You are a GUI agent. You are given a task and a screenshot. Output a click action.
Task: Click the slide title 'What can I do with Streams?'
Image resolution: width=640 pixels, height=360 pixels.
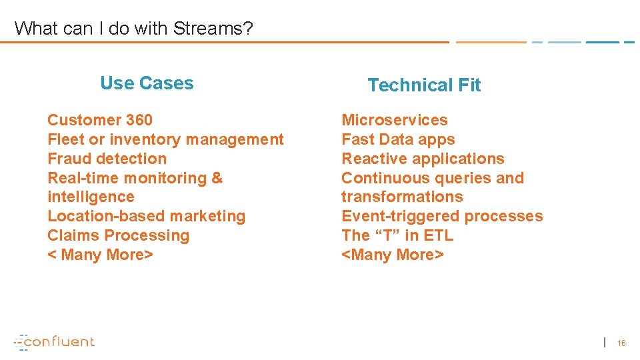coord(133,28)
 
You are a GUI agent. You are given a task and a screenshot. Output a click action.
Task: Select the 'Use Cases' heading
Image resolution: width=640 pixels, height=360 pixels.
coord(147,83)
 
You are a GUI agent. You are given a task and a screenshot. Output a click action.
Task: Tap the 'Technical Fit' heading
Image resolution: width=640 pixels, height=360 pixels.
coord(424,85)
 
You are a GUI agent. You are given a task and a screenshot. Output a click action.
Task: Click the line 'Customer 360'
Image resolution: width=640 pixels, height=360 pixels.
coord(100,120)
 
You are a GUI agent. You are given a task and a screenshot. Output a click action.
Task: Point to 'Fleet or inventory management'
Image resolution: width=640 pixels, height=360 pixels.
coord(165,139)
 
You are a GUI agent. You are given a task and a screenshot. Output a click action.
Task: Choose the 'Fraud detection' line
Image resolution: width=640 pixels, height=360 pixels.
coord(107,159)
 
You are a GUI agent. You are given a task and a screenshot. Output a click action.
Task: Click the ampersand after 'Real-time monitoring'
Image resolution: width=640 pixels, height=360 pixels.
coord(217,178)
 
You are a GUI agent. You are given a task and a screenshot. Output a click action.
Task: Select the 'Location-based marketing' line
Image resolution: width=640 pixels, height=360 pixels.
coord(147,216)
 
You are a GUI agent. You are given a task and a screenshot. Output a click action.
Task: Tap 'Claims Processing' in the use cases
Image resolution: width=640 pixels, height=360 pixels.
coord(119,235)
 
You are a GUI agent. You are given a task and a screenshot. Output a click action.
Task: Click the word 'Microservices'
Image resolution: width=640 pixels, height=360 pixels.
coord(395,120)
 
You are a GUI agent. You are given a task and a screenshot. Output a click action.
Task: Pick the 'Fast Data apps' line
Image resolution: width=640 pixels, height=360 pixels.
coord(398,139)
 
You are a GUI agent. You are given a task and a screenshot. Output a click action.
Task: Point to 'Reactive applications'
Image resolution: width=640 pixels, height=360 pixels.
coord(423,159)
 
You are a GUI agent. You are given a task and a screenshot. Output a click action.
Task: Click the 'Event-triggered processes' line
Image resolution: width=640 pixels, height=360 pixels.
coord(442,216)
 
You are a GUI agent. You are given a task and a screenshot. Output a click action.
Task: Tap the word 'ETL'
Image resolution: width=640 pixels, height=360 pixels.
coord(438,235)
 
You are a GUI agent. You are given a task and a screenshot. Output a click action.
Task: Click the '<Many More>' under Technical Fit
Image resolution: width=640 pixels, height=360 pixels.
coord(392,255)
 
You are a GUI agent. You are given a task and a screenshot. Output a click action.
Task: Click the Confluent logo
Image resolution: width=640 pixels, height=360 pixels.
coord(55,341)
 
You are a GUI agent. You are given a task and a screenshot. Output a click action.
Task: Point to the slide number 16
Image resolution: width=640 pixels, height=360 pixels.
coord(621,343)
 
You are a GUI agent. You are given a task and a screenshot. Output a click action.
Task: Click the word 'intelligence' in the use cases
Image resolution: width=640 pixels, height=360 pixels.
coord(91,197)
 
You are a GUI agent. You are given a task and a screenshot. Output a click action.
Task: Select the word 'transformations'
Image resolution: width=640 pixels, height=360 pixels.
coord(402,197)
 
